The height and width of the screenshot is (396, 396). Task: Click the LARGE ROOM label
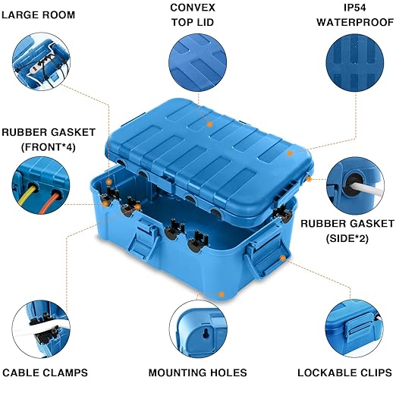42,14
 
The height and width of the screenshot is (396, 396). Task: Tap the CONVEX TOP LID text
193,14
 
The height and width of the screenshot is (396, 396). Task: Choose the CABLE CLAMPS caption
46,372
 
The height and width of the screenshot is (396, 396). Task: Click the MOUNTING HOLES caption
197,372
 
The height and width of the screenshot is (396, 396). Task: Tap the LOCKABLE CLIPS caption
344,372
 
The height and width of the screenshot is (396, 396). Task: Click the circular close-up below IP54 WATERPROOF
353,61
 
